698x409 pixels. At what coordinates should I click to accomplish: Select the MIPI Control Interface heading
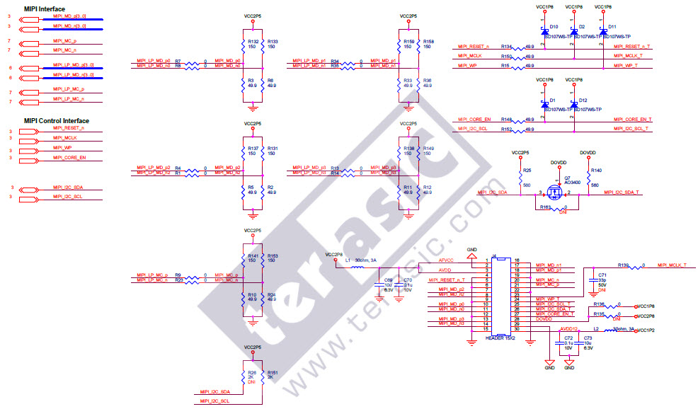tap(56, 120)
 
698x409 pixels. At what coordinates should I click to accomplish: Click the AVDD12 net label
tap(569, 329)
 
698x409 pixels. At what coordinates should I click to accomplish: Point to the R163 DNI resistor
tap(555, 208)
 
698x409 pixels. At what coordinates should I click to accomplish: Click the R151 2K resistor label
tap(272, 372)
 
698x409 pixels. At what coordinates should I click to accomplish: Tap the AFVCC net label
tap(445, 260)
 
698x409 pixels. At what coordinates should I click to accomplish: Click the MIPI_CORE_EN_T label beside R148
tap(634, 120)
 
